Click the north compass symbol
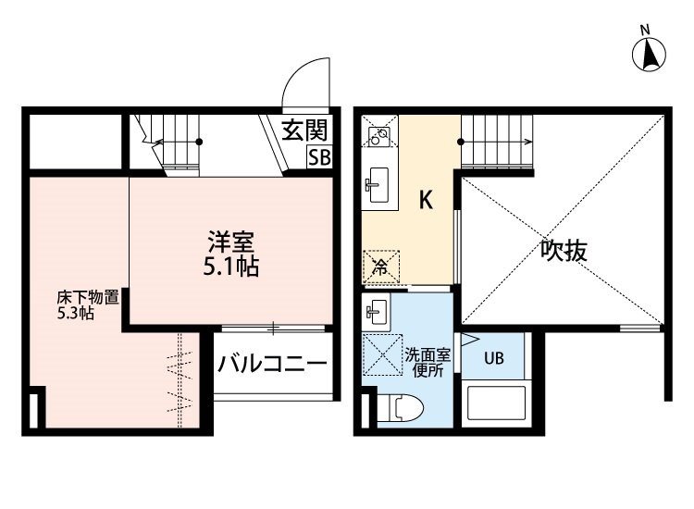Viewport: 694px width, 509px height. pos(649,55)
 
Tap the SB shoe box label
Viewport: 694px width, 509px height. pos(319,157)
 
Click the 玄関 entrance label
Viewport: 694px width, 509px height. pos(305,130)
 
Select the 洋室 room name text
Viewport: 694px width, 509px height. pos(231,242)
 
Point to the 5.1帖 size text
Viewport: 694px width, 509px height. pos(231,267)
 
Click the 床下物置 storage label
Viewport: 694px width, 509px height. pos(88,297)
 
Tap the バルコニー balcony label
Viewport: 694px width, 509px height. pos(273,365)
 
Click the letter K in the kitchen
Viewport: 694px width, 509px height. pos(426,200)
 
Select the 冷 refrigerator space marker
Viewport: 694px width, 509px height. pos(380,267)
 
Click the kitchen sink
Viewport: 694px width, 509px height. pos(378,185)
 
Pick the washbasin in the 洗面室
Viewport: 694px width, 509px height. pos(377,312)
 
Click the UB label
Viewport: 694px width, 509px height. pos(493,357)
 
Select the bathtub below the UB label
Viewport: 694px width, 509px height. pos(497,403)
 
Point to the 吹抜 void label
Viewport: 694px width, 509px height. pos(564,251)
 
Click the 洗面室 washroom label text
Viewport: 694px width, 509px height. pos(428,355)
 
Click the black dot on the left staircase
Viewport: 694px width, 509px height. pos(199,143)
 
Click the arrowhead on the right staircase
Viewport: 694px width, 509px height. pos(528,143)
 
